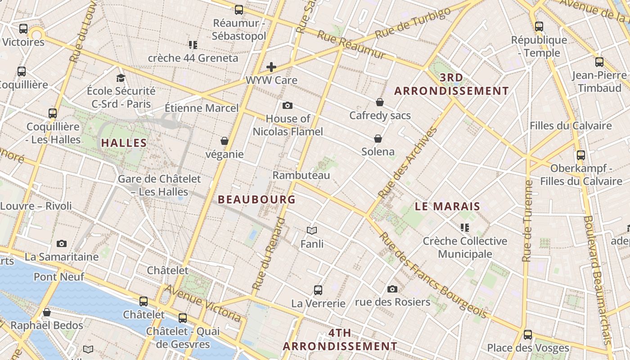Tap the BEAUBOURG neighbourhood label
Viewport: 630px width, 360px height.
[x=256, y=199]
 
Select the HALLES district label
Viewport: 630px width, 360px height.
[x=124, y=143]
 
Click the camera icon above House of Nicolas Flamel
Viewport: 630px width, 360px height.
[x=288, y=106]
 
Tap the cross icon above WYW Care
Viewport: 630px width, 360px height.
[x=271, y=67]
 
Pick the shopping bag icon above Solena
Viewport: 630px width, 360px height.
[x=378, y=139]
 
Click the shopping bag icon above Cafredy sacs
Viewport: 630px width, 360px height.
[x=380, y=102]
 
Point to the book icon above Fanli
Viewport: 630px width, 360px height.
[x=312, y=231]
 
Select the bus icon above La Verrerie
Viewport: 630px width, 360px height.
[x=318, y=290]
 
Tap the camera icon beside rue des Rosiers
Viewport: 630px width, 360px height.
[x=392, y=289]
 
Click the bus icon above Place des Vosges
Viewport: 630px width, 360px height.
[x=528, y=335]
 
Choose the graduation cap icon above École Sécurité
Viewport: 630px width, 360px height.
[x=121, y=78]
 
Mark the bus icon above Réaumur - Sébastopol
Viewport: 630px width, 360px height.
[x=239, y=10]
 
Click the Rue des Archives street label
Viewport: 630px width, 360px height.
[x=408, y=163]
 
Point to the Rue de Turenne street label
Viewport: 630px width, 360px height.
[x=528, y=220]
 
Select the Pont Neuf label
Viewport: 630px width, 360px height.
[x=59, y=276]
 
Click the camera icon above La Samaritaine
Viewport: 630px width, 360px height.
[x=62, y=244]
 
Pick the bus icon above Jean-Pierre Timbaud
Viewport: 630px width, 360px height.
[x=599, y=63]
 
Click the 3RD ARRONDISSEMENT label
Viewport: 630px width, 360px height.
[x=451, y=84]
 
